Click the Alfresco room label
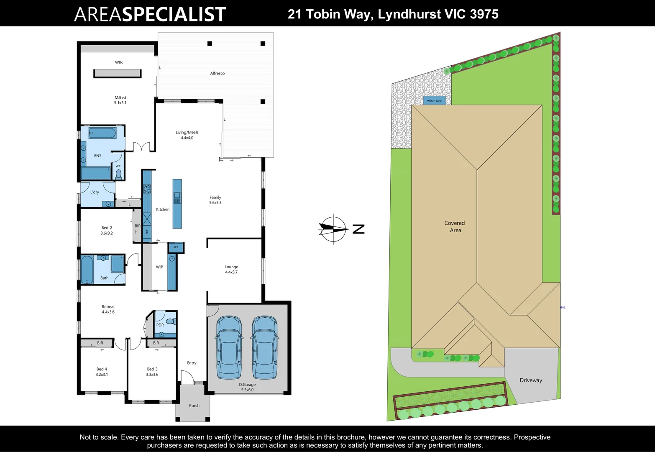coord(217,73)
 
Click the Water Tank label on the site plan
coord(434,101)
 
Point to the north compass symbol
coord(333,229)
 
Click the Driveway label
coord(531,380)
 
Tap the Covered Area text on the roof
coord(455,226)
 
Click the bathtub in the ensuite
coord(102,134)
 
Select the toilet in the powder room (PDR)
coord(170,321)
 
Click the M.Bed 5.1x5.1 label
coord(120,100)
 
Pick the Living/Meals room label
coord(187,135)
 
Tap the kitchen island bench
coord(177,204)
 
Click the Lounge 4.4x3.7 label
coord(231,269)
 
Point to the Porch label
coord(194,406)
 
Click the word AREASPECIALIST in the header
coord(150,14)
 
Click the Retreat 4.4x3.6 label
coord(108,309)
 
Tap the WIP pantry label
coord(159,267)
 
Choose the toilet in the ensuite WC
coord(118,174)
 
